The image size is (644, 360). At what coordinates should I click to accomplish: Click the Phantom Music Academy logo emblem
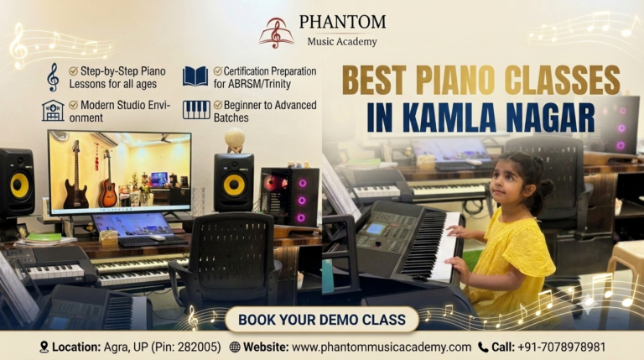[x=276, y=33]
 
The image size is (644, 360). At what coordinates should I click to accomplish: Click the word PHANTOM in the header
[x=342, y=22]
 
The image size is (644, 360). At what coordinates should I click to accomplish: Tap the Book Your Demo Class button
[x=322, y=320]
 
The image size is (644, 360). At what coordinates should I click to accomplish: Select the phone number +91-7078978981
[x=562, y=347]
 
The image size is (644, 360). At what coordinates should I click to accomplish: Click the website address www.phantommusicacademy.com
[x=382, y=347]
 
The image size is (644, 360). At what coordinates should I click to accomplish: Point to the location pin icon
[x=44, y=347]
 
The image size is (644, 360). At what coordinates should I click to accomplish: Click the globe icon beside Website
[x=235, y=347]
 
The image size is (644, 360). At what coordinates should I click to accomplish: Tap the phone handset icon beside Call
[x=483, y=347]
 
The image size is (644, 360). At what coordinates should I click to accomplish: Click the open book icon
[x=195, y=76]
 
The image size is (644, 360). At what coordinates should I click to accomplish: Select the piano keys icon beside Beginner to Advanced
[x=196, y=110]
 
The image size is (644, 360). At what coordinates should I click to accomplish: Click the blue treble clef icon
[x=53, y=77]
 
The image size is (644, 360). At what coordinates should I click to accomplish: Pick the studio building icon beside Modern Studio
[x=53, y=111]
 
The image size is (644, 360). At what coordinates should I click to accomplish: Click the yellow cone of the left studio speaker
[x=19, y=185]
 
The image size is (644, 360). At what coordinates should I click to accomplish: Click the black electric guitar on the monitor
[x=75, y=175]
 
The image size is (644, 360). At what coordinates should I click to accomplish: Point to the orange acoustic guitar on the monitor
[x=107, y=180]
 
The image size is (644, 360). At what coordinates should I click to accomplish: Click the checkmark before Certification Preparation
[x=218, y=71]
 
